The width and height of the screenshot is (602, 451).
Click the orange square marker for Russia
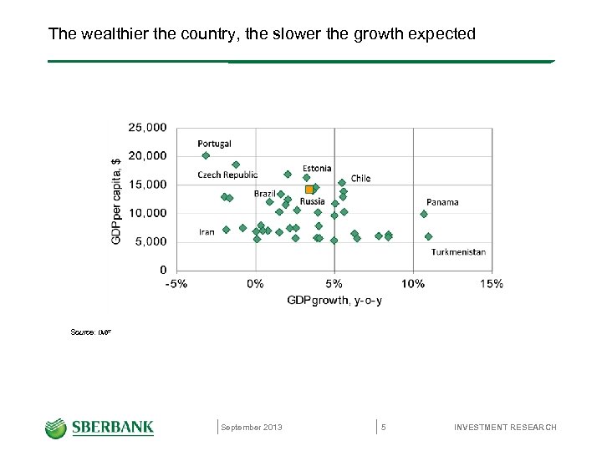[309, 190]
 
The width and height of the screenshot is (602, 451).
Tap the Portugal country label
[214, 144]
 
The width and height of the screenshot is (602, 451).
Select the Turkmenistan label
[458, 251]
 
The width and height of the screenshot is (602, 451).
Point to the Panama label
[442, 202]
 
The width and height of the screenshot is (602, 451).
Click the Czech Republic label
[227, 175]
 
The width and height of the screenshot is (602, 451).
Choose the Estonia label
[317, 168]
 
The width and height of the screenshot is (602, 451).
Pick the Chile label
[360, 178]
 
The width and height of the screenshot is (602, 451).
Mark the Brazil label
[264, 194]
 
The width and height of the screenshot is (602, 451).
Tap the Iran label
[207, 231]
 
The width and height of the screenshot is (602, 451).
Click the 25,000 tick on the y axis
[146, 128]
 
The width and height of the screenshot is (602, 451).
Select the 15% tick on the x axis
[492, 284]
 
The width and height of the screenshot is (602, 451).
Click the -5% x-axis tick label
[176, 284]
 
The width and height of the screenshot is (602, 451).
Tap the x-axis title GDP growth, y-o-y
[334, 301]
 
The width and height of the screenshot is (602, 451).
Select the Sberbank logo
[99, 428]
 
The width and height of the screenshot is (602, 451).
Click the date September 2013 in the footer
[252, 428]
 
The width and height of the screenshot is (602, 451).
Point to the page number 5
[383, 428]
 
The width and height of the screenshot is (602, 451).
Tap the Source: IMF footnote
[91, 332]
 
